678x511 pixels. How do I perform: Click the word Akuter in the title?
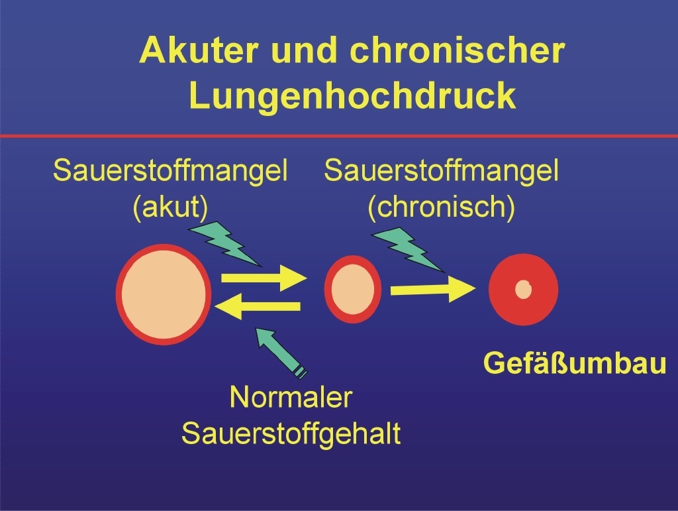pos(199,50)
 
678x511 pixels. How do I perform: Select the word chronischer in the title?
pos(457,50)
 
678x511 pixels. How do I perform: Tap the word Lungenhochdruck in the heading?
pos(352,95)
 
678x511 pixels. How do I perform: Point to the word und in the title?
pos(303,50)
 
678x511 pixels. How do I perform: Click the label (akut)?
pos(170,207)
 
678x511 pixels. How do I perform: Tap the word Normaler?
pos(291,396)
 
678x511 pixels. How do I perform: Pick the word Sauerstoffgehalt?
pos(291,433)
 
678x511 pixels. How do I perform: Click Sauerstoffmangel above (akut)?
pos(170,170)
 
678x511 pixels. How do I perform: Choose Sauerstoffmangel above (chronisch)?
pos(442,170)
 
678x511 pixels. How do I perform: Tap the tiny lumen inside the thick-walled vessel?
pos(523,290)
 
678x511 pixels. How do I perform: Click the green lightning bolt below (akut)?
pos(225,244)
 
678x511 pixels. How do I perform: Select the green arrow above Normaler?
pos(281,353)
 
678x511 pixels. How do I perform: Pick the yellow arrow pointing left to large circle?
pos(258,307)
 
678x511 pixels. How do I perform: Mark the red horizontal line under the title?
pos(339,137)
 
